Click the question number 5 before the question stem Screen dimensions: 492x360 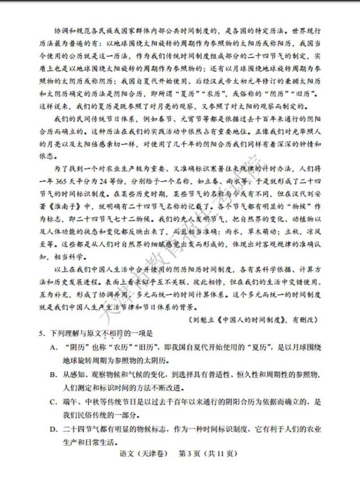click(x=41, y=334)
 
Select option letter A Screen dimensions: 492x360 click(x=53, y=348)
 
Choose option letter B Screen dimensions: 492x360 click(x=53, y=374)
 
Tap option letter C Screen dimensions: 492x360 click(x=53, y=402)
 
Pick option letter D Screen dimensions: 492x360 click(x=53, y=429)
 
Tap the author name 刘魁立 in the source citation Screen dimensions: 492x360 click(x=202, y=320)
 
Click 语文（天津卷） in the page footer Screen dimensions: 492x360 click(x=139, y=454)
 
